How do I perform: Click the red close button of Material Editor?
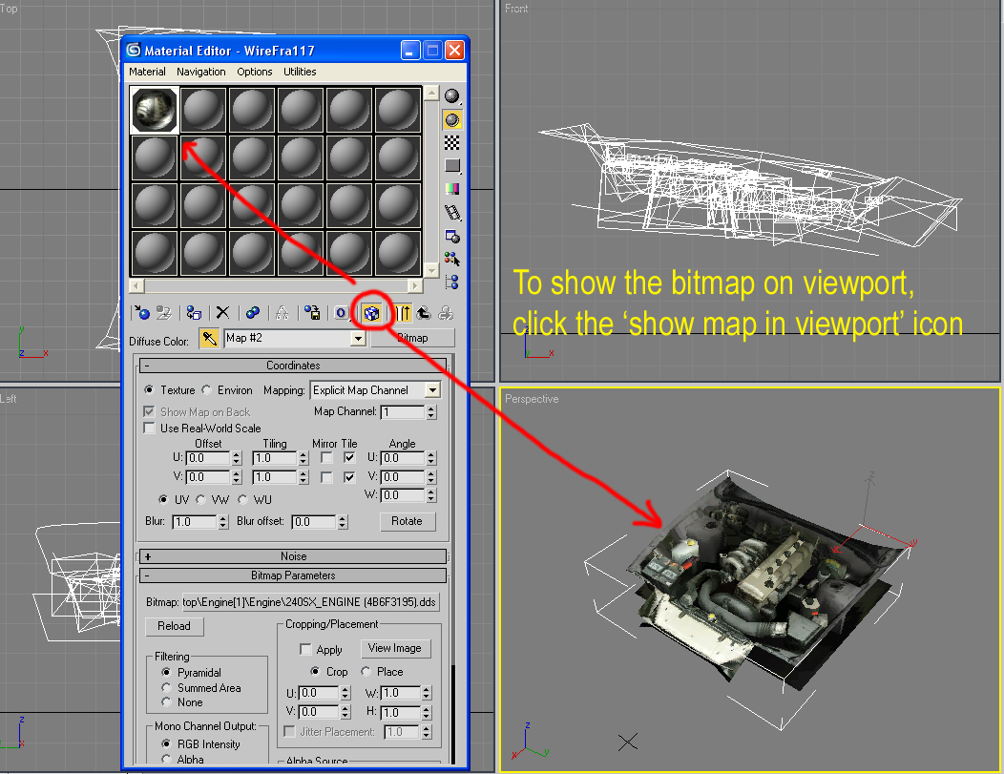(454, 50)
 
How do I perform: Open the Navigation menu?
(201, 72)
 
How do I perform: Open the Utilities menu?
(300, 72)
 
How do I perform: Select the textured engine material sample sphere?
(155, 110)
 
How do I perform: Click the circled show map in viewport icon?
(371, 313)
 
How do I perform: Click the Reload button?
(174, 626)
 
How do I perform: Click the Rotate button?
(408, 521)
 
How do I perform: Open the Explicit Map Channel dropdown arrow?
(433, 390)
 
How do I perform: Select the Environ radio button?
(207, 390)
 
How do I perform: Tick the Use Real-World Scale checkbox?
(149, 428)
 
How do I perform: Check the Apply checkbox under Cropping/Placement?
(305, 649)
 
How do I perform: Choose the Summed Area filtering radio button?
(166, 687)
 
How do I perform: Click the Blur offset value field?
(314, 522)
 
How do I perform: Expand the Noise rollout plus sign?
(148, 556)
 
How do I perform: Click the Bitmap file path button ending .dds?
(310, 602)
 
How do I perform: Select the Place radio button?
(366, 671)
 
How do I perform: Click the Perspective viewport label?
(532, 399)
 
